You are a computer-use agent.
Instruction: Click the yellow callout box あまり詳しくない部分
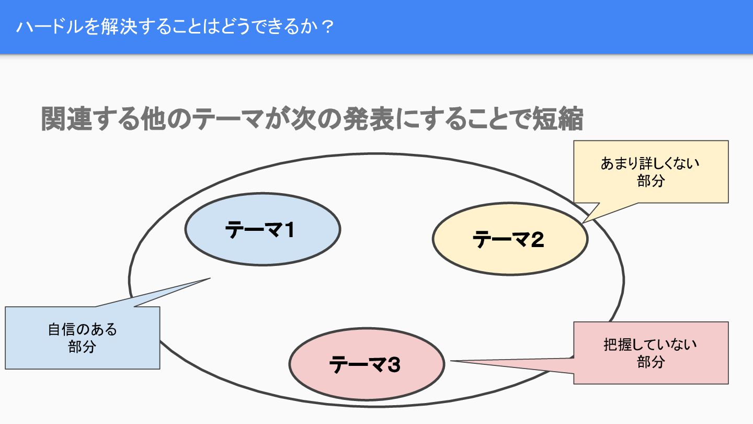651,172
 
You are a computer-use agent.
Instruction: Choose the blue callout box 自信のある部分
82,338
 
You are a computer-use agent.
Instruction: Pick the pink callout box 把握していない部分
651,353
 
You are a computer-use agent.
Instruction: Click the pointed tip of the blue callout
209,278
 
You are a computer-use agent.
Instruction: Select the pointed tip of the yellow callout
584,222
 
